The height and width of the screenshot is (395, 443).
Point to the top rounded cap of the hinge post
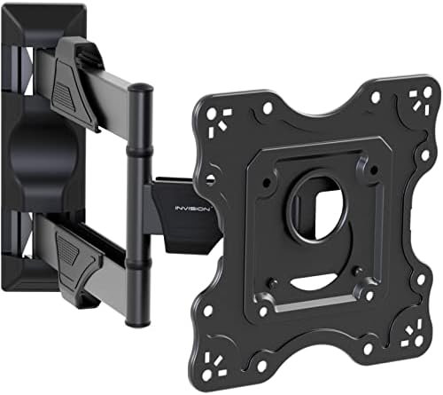138,89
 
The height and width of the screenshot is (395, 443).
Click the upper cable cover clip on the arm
74,71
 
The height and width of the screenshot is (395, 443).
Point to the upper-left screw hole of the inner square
266,160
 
